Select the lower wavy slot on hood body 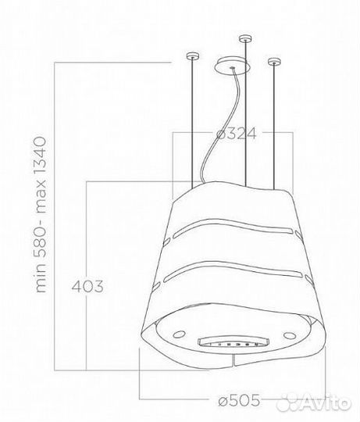(x=234, y=273)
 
